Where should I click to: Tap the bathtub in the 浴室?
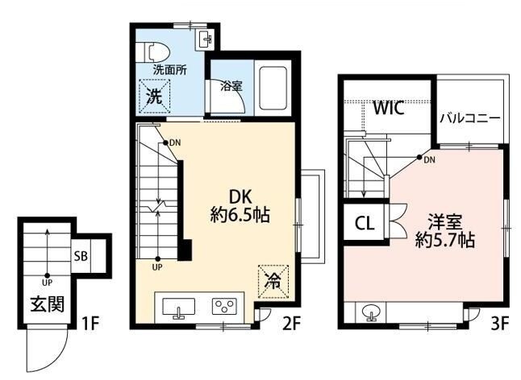(x=273, y=89)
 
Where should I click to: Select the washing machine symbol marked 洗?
(x=155, y=96)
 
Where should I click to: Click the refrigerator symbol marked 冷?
(x=273, y=282)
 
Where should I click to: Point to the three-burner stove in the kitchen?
(x=225, y=307)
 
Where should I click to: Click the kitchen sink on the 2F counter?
(x=179, y=308)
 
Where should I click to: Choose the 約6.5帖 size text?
(x=240, y=216)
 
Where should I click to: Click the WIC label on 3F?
(x=388, y=107)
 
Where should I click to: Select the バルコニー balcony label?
(x=470, y=118)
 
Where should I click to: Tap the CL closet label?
(x=365, y=224)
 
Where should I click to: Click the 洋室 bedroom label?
(x=445, y=222)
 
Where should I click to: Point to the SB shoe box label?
(x=81, y=256)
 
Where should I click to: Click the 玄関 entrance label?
(x=48, y=304)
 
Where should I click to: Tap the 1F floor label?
(x=90, y=323)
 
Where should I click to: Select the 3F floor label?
(x=500, y=324)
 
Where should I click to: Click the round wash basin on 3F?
(x=370, y=312)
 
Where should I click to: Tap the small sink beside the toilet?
(x=205, y=39)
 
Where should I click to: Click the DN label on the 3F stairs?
(x=429, y=160)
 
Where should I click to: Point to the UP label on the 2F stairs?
(x=157, y=267)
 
